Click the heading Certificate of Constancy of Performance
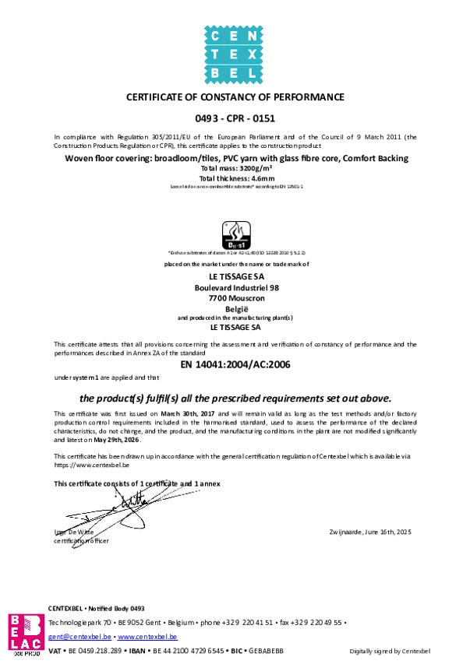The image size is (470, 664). click(235, 97)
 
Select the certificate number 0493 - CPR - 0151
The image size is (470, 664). click(235, 120)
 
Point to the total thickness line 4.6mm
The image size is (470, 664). click(235, 178)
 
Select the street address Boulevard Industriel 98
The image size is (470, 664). click(235, 287)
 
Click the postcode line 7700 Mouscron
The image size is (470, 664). click(235, 298)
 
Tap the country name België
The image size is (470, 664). click(235, 309)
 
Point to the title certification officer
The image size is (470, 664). click(81, 539)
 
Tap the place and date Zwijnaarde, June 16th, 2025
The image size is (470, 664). click(371, 531)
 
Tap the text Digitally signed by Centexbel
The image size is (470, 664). click(389, 651)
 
